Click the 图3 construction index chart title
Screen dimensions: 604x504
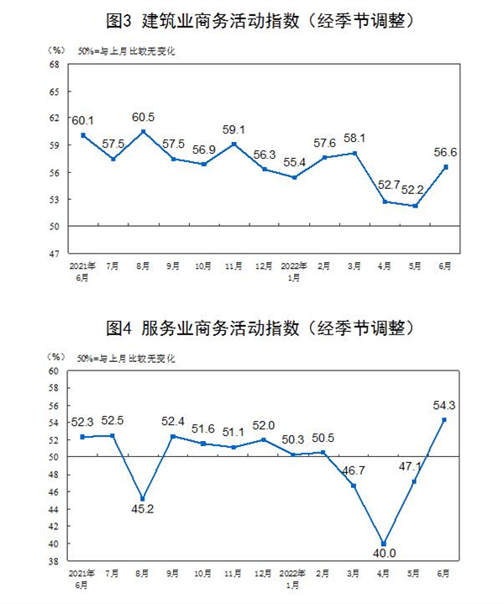pos(252,18)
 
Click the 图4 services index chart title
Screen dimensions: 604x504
pos(252,327)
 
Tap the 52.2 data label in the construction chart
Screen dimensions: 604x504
pos(414,192)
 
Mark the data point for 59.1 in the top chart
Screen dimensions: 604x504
pos(234,144)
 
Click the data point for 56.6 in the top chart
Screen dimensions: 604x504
pos(446,166)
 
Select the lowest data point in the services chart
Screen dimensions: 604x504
pos(385,544)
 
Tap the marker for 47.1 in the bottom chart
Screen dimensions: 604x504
pos(414,481)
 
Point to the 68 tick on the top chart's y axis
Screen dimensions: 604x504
pos(53,64)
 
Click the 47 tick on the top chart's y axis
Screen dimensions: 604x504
pos(53,254)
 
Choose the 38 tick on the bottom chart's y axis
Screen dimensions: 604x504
pos(52,561)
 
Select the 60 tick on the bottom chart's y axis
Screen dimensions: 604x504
pos(52,370)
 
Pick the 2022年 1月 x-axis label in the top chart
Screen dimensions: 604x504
pos(294,270)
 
